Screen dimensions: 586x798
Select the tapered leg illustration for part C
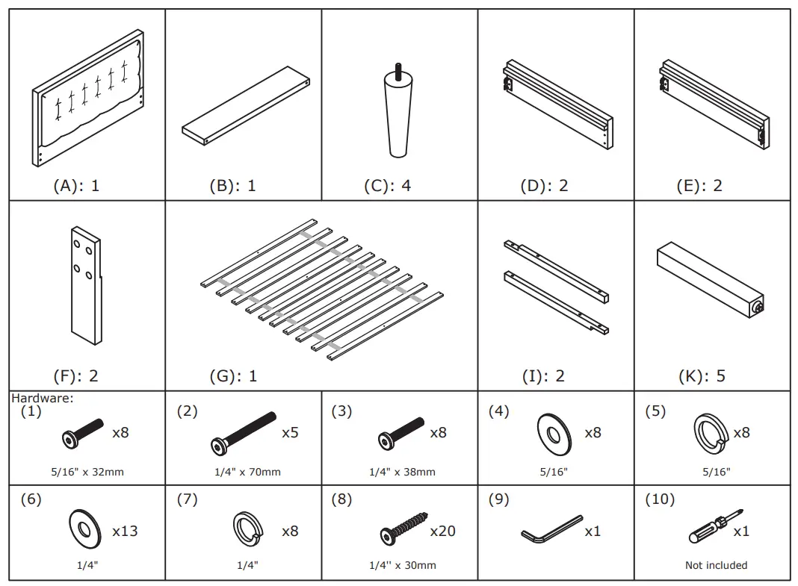click(x=400, y=119)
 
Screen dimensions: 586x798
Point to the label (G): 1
click(x=232, y=375)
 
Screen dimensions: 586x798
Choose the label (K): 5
click(x=702, y=375)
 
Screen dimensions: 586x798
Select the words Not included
click(x=716, y=565)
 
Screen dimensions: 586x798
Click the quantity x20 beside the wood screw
click(x=442, y=531)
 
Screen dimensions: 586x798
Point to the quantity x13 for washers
click(x=125, y=531)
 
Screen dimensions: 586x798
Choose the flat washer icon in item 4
click(x=554, y=433)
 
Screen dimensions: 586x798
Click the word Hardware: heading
click(x=42, y=398)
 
